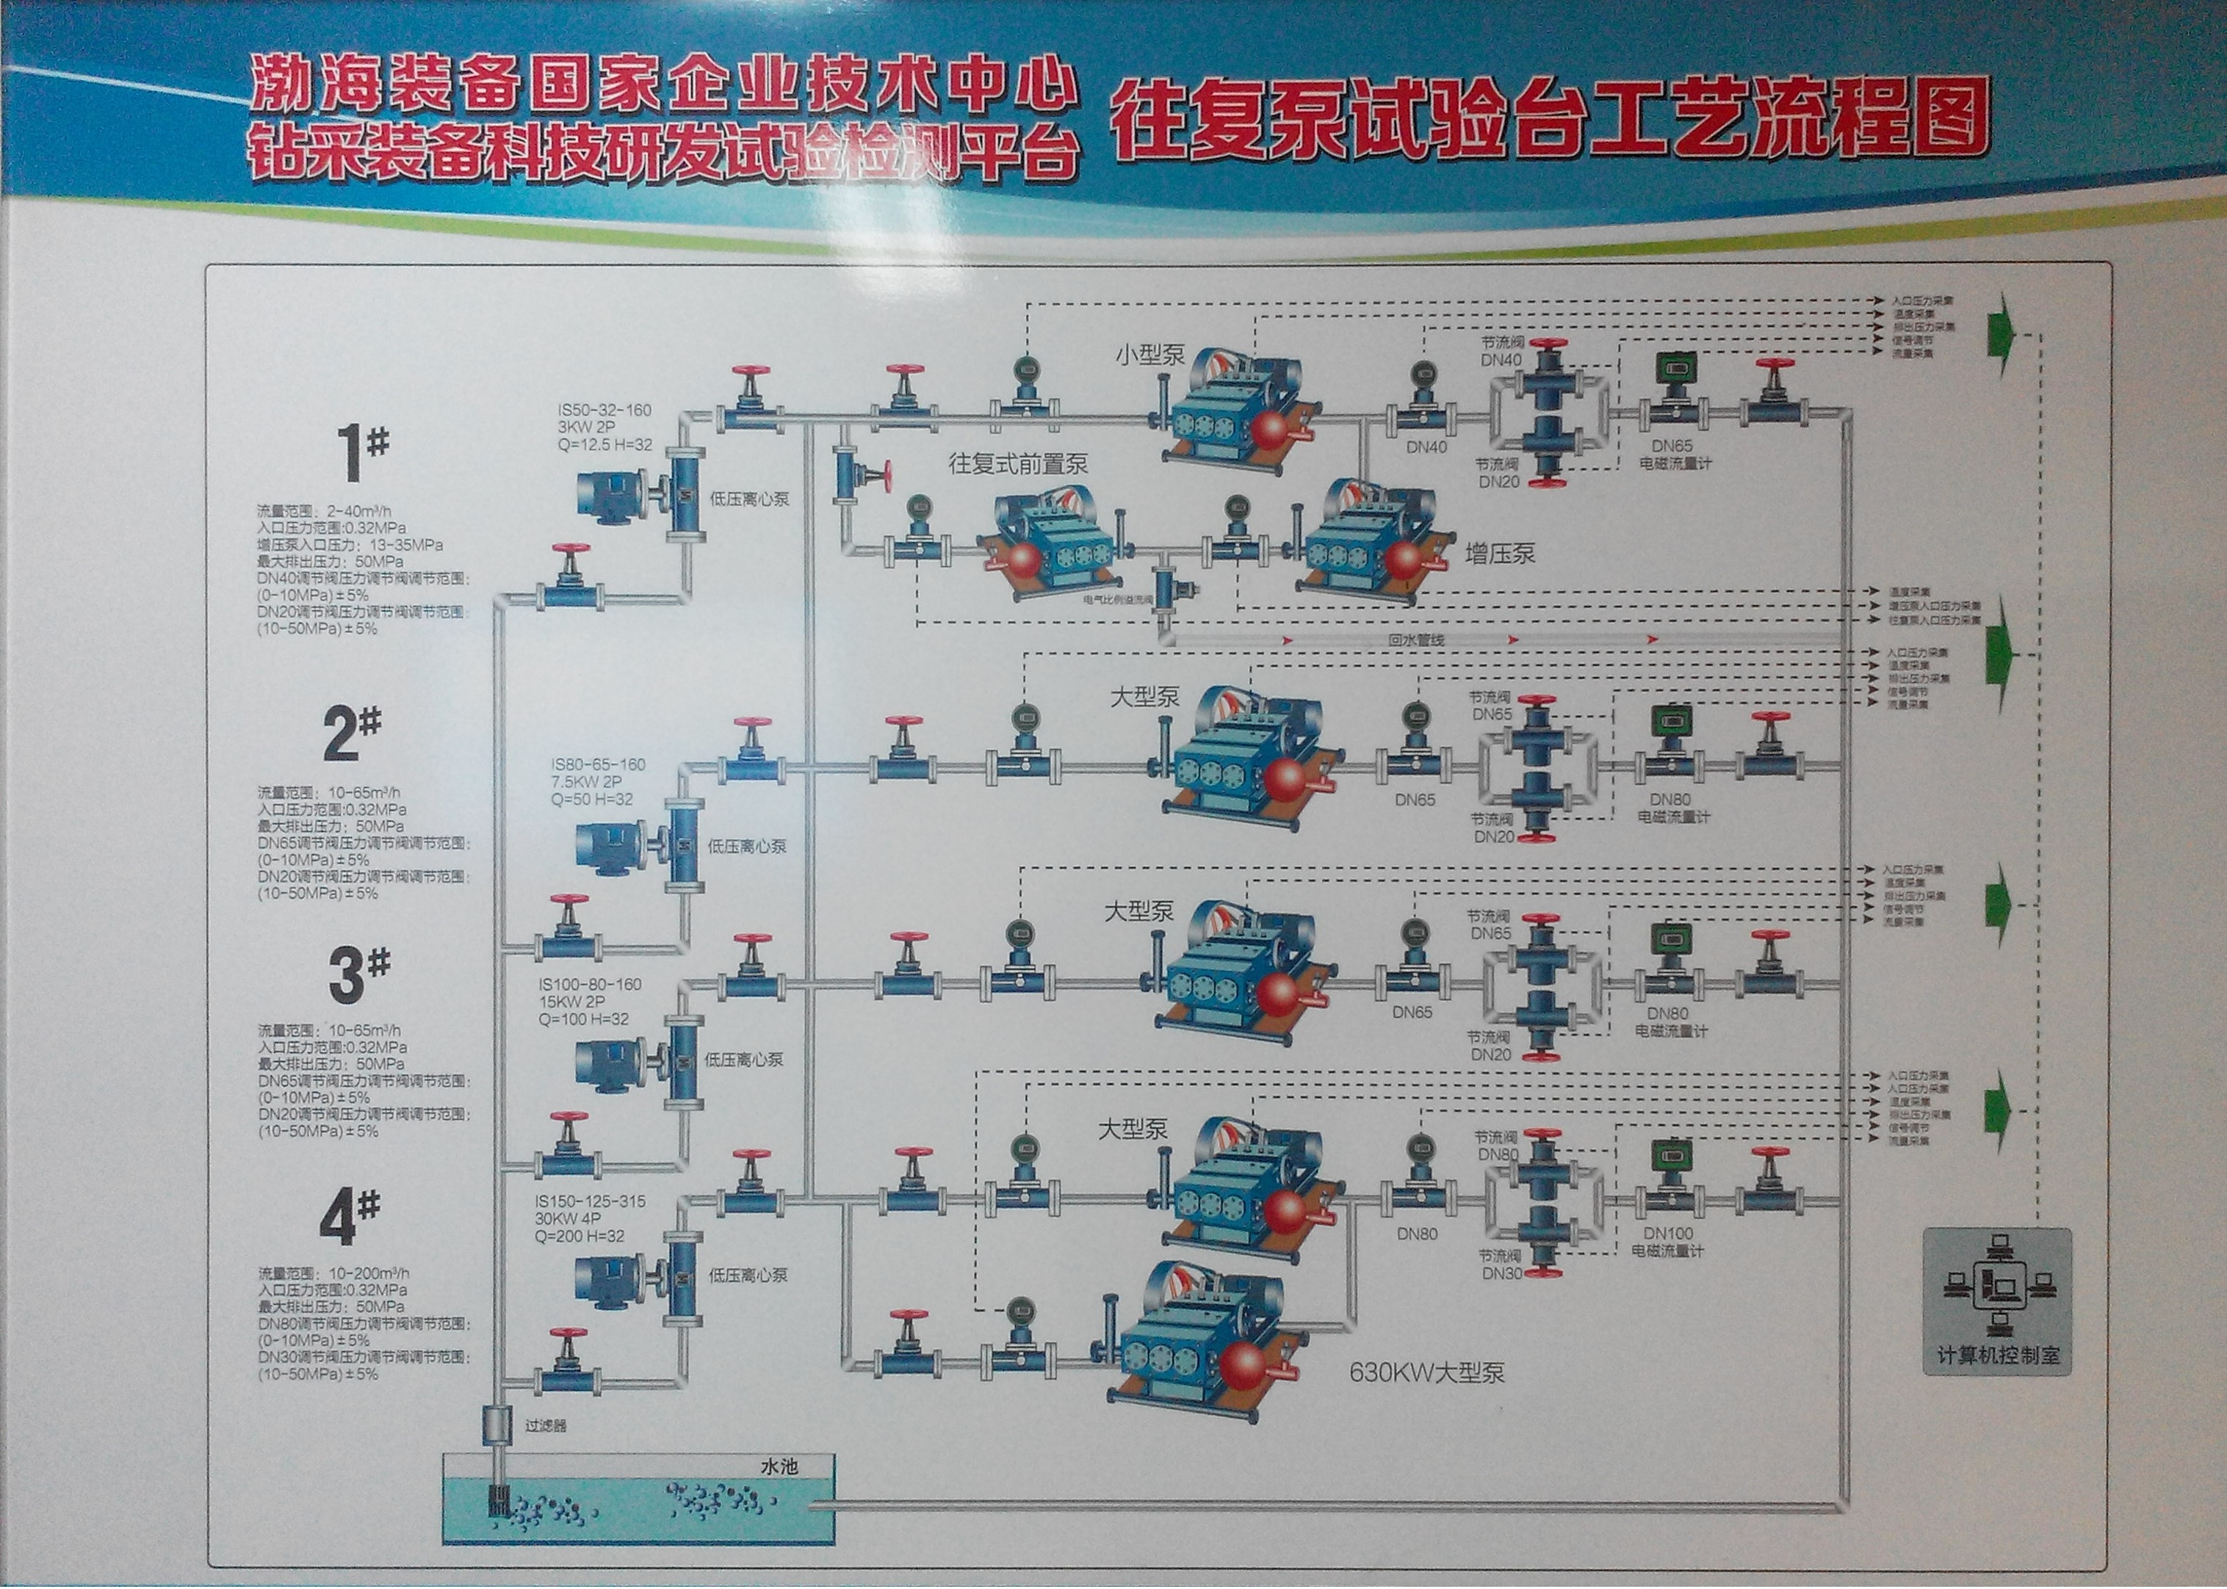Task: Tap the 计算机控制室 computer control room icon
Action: coord(1996,1301)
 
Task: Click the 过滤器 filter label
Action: coord(545,1425)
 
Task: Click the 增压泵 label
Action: coord(1500,554)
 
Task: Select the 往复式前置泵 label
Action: coord(1017,464)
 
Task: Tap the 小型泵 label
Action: coord(1149,354)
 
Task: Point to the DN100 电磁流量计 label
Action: coord(1667,1242)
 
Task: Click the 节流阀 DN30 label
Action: coord(1500,1264)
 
